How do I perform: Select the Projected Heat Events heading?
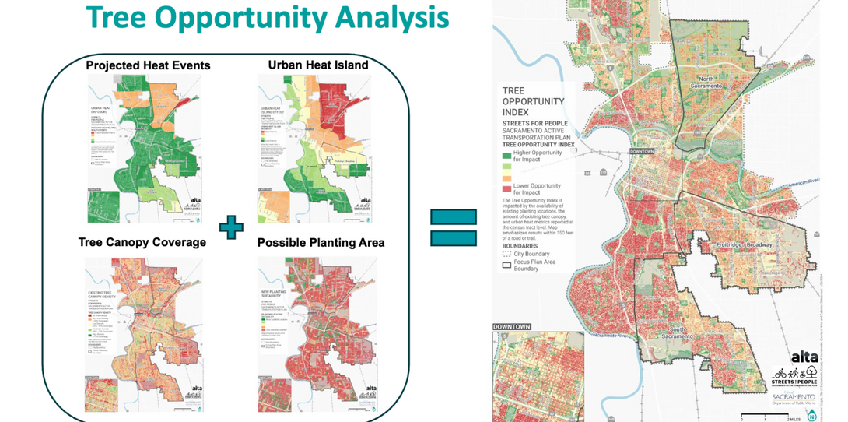click(x=148, y=65)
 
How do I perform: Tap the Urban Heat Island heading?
click(x=318, y=65)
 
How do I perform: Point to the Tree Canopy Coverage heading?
click(x=142, y=242)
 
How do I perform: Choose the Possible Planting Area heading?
click(x=321, y=243)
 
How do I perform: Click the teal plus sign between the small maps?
click(x=231, y=227)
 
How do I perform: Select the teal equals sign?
click(x=453, y=228)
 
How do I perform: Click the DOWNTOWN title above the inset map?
click(x=512, y=327)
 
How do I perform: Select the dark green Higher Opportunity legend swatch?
click(x=506, y=153)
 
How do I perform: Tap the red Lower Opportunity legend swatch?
click(x=506, y=188)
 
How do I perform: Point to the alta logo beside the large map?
click(x=804, y=357)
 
